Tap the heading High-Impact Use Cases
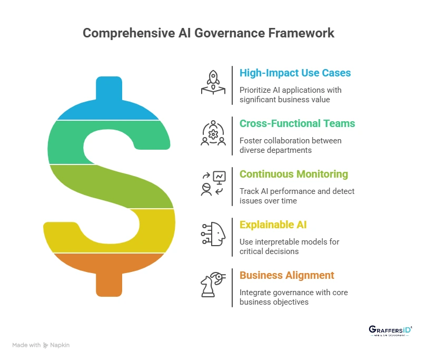[x=295, y=73]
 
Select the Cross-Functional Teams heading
[x=297, y=123]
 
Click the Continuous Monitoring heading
[x=293, y=174]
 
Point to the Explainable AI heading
[x=273, y=225]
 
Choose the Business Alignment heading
[x=286, y=275]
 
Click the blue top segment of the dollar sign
[x=108, y=103]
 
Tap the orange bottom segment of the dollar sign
[x=108, y=271]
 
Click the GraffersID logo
[x=390, y=331]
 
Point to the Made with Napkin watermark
[x=41, y=345]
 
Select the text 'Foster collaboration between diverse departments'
[x=290, y=145]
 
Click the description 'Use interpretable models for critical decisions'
[x=289, y=247]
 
